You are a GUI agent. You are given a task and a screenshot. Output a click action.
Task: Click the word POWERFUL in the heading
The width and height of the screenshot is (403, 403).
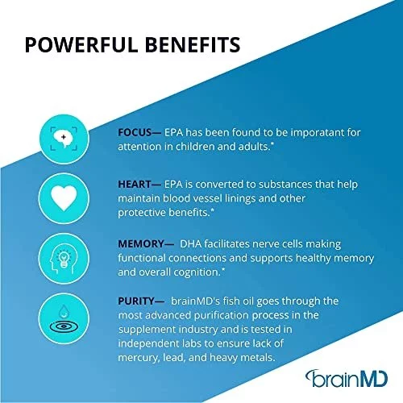[x=81, y=44]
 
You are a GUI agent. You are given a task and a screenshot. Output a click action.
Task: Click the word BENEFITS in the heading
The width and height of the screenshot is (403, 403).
[x=193, y=44]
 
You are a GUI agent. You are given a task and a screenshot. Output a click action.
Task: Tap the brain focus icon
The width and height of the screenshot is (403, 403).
[x=64, y=139]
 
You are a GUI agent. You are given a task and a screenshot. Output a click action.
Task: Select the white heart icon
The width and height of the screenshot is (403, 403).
[x=64, y=198]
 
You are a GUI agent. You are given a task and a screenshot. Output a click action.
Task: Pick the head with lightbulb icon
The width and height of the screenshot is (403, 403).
[x=64, y=259]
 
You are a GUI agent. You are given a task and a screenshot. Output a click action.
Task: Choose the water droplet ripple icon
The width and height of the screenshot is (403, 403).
[x=64, y=318]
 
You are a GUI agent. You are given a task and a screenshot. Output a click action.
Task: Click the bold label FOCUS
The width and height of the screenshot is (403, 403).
[x=135, y=132]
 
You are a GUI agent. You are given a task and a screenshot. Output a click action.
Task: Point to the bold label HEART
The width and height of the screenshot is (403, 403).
[x=135, y=185]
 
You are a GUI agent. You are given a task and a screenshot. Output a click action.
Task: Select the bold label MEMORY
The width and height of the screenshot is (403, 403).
[x=141, y=244]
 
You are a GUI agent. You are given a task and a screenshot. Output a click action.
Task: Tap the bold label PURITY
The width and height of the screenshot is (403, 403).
[x=136, y=301]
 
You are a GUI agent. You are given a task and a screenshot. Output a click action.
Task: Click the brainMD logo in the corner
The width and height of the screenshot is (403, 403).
[x=347, y=379]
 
